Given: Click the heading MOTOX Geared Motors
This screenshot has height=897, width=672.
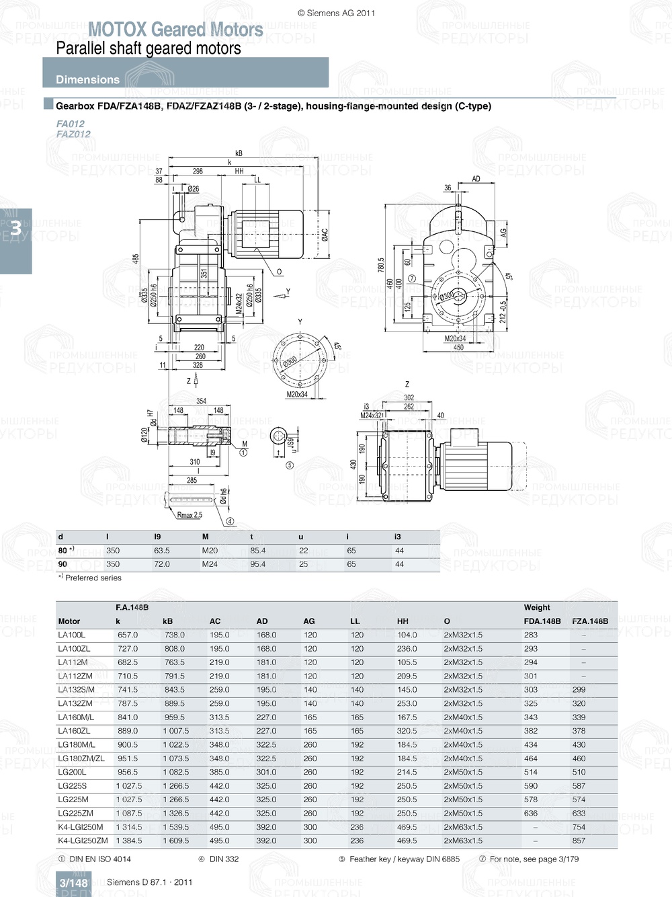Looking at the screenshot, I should [x=175, y=30].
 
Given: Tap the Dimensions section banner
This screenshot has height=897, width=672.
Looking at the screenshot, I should [x=87, y=79].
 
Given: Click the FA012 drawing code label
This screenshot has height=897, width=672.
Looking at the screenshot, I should [x=71, y=124].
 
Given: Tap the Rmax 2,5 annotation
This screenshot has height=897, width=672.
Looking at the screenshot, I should [x=190, y=515].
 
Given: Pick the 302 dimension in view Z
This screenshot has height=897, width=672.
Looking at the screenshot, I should [x=409, y=398].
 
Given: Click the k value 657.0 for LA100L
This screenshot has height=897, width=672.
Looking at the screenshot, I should [x=127, y=635].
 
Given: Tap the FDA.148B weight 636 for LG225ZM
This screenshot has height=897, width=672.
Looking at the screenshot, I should [x=531, y=814].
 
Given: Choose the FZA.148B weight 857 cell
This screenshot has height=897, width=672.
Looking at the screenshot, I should [x=579, y=841].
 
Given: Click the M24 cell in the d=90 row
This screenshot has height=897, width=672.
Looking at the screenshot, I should [x=210, y=565].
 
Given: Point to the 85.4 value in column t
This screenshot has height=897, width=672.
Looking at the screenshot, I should [x=258, y=551].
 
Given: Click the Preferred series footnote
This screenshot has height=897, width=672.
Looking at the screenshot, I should [x=93, y=578].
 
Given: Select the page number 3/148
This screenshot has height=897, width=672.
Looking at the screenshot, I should [x=73, y=883].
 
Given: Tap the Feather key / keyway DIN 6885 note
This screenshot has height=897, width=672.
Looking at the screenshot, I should [x=404, y=859].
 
